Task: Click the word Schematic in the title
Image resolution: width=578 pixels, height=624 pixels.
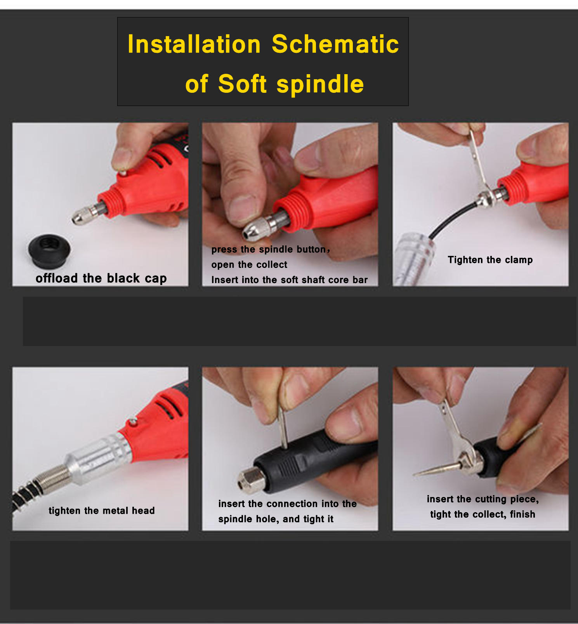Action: coord(335,44)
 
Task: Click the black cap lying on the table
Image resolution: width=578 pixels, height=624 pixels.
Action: coord(49,250)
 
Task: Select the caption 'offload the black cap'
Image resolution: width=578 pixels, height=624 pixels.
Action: coord(101,278)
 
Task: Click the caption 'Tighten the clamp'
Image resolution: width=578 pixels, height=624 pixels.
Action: coord(490,260)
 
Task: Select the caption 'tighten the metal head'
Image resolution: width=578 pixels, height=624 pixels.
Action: coord(102,511)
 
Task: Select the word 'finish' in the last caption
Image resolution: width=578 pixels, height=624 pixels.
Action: coord(522,514)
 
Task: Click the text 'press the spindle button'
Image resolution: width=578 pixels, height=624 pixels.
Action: coord(269,249)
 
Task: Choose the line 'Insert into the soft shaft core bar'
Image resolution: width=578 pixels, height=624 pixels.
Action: coord(289,280)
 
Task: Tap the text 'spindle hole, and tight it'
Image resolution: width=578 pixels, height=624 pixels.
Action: coord(276,519)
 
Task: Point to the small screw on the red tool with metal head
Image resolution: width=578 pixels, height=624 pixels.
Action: coord(133,420)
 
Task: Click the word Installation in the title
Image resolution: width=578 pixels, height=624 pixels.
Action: coord(194,44)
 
